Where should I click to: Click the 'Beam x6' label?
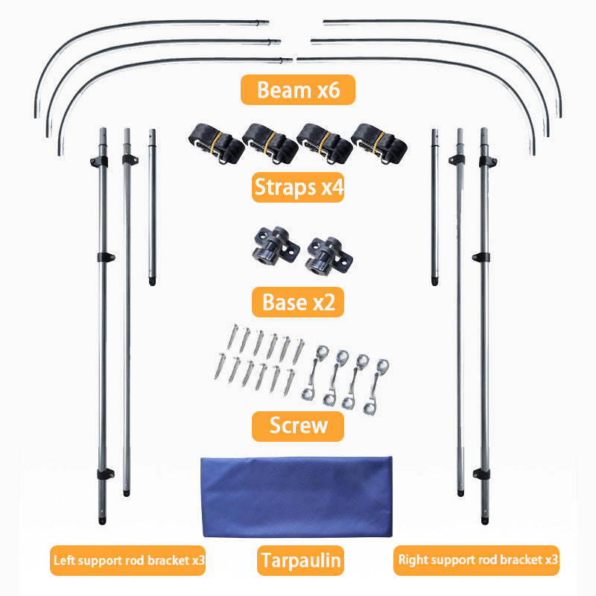tap(297, 89)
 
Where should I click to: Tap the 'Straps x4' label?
tap(298, 187)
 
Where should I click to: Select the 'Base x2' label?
tap(298, 302)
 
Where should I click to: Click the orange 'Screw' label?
tap(298, 425)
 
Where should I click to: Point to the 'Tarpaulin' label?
tap(300, 561)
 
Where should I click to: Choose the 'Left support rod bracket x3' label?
tap(127, 561)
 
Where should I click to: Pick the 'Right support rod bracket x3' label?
tap(476, 560)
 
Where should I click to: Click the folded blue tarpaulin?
tap(297, 497)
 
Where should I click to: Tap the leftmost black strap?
tap(217, 144)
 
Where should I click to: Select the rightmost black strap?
tap(379, 144)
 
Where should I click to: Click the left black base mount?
tap(276, 245)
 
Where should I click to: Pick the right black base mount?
tap(329, 256)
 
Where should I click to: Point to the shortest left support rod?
tap(152, 207)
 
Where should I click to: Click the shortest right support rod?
tap(435, 207)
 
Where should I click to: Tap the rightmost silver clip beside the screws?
tap(375, 386)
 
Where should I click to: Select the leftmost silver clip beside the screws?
tap(315, 372)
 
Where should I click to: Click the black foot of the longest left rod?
tap(102, 520)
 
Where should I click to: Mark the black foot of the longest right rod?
tap(485, 520)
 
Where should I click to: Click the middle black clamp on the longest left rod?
tap(106, 257)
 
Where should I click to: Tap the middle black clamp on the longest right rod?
tap(481, 257)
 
